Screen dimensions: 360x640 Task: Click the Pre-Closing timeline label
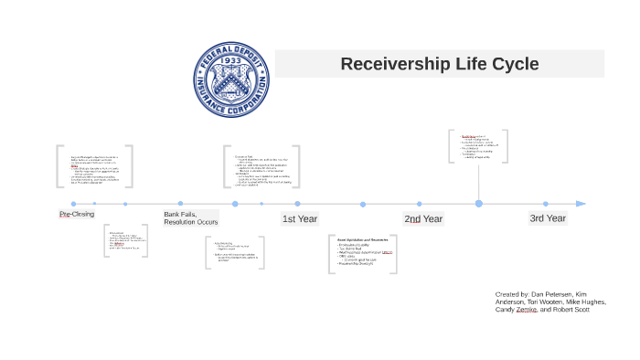coord(77,214)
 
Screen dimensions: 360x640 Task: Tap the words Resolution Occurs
coord(191,222)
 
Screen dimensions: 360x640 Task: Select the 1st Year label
coord(300,219)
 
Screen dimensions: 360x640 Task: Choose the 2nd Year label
coord(423,219)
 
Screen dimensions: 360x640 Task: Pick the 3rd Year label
coord(548,218)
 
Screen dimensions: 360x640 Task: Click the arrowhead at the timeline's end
coord(581,204)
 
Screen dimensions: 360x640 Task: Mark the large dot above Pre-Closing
coord(73,204)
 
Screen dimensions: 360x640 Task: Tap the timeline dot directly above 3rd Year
coord(546,204)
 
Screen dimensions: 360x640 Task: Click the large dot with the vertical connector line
coord(478,204)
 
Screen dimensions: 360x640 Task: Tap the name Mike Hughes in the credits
coord(585,302)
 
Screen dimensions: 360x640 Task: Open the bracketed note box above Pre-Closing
coord(94,166)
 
